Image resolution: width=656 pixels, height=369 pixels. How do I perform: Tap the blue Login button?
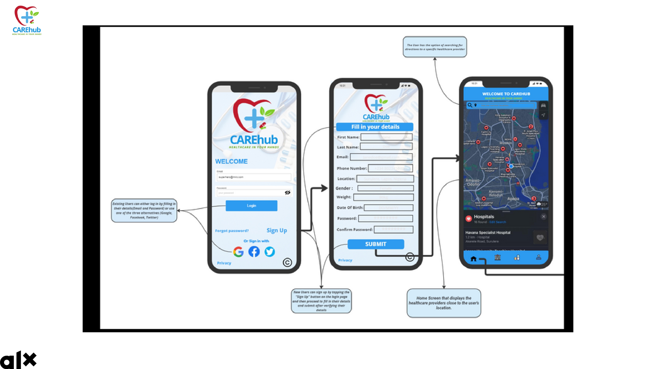(x=251, y=205)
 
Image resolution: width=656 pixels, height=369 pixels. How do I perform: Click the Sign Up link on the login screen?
(x=277, y=230)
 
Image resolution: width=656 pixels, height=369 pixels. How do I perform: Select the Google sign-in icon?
(x=238, y=252)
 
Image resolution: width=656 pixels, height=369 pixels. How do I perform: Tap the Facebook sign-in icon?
(x=254, y=252)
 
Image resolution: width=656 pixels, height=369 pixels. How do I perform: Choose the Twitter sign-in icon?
(x=269, y=252)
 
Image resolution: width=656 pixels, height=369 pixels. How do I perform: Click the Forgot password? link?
(x=232, y=231)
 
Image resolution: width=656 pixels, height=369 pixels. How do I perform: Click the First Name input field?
(x=386, y=137)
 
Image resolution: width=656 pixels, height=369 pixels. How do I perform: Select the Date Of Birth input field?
(x=388, y=207)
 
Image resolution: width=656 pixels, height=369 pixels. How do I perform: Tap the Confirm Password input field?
(x=393, y=230)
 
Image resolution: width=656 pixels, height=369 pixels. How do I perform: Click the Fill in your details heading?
(x=375, y=127)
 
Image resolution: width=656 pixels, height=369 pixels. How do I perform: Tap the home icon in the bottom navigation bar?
(x=473, y=259)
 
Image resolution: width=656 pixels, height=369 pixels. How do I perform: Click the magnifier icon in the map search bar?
(x=470, y=105)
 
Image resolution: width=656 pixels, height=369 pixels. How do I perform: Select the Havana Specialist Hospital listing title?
(x=488, y=233)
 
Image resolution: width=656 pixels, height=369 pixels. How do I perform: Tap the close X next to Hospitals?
(x=543, y=216)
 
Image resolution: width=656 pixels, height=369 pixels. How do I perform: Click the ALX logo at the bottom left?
(x=18, y=360)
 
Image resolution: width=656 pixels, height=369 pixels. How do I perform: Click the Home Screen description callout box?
(x=444, y=303)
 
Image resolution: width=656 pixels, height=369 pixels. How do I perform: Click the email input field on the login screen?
(x=254, y=177)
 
